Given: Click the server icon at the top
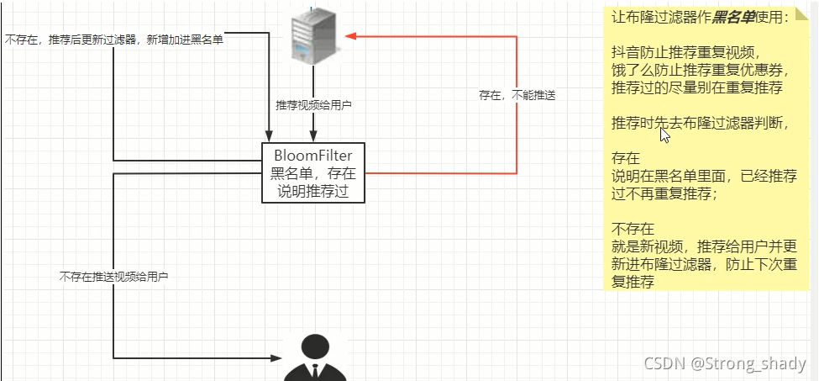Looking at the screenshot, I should [313, 35].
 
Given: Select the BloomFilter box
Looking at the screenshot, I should [313, 172].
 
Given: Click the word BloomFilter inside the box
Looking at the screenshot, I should [313, 156].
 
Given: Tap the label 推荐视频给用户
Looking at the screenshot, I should [313, 105].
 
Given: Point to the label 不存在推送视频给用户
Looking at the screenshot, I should [113, 276].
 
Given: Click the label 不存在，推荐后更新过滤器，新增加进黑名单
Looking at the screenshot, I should [114, 40].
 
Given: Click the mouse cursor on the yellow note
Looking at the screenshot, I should [664, 135].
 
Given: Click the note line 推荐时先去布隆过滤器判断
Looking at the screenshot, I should [700, 123].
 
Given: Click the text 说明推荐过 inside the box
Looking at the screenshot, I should [313, 191].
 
